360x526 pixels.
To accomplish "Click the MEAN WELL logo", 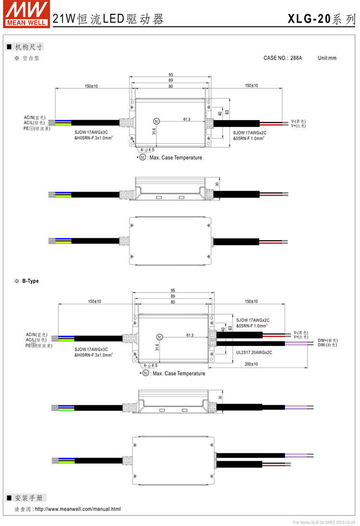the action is click(27, 14).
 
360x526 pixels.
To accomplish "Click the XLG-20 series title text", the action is click(322, 19).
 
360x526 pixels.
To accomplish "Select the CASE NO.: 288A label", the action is click(283, 58).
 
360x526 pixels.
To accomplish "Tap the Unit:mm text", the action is click(327, 58).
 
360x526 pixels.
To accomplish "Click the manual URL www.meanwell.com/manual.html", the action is click(78, 509).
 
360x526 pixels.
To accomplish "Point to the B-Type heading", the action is click(31, 281).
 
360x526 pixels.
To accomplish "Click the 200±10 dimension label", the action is click(251, 364).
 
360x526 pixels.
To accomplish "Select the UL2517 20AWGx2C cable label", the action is click(254, 353).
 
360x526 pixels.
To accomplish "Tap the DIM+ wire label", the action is click(328, 341).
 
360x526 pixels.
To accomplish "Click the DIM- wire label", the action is click(327, 345).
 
